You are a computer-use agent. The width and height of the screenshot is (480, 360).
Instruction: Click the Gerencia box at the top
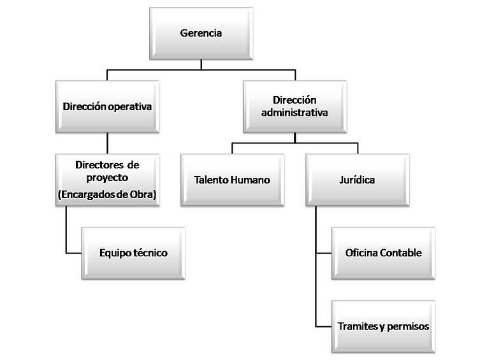pos(201,33)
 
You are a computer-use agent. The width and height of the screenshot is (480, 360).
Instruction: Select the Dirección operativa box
pos(107,107)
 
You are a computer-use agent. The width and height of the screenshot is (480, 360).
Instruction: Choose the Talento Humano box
pos(231,180)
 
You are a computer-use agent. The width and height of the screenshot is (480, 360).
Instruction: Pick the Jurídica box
pos(357,180)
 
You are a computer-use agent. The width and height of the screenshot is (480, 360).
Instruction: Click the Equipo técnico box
pos(133,253)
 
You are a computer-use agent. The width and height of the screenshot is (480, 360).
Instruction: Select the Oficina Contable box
pos(383,253)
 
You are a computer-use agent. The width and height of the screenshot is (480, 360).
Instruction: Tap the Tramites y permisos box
pos(383,326)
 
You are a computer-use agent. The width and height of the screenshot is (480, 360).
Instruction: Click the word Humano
pos(252,180)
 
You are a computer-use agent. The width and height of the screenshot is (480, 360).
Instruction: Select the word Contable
pos(402,253)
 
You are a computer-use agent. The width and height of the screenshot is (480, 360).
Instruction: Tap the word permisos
pos(405,326)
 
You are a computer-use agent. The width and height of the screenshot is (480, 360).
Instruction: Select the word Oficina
pos(362,253)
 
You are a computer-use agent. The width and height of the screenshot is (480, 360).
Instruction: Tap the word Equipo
pos(115,253)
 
